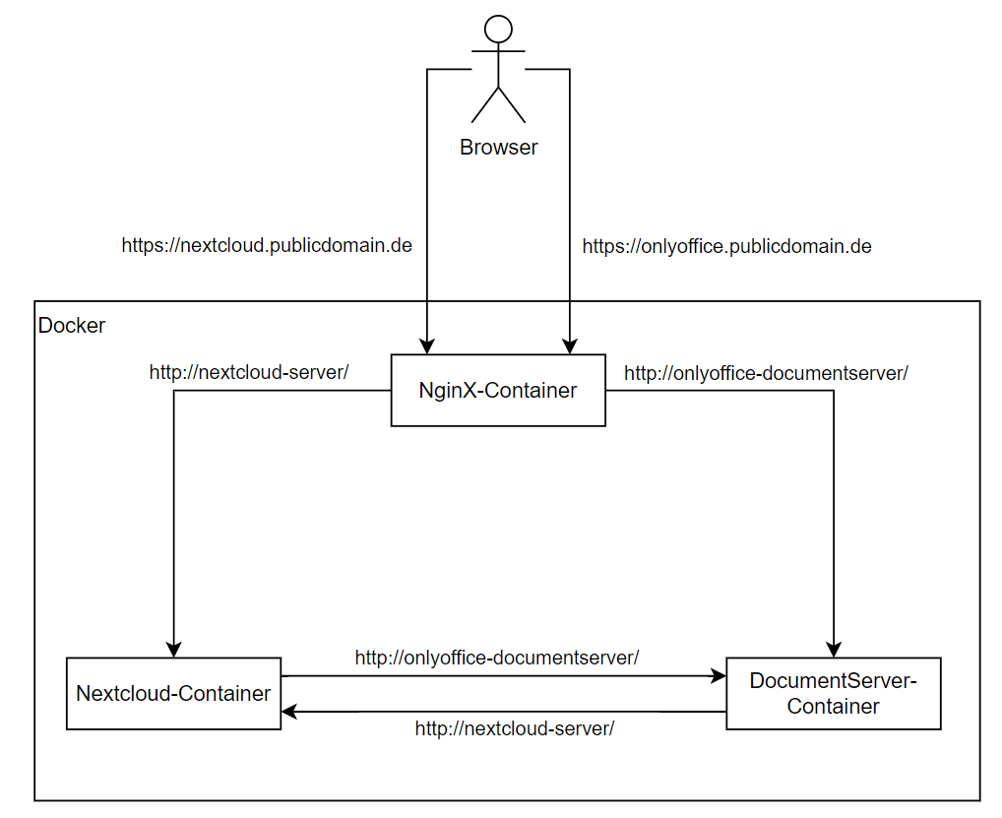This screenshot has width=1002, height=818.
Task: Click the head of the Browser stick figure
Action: [499, 30]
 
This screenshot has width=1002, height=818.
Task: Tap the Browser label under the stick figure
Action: [499, 148]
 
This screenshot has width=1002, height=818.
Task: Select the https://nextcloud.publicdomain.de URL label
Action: [267, 245]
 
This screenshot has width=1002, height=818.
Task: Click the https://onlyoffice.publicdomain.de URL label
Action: [726, 245]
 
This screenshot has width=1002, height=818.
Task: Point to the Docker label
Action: [72, 325]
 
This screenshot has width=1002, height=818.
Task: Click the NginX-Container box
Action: [498, 390]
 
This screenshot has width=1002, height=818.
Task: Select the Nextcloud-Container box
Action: [173, 693]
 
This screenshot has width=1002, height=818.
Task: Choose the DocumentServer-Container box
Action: [833, 693]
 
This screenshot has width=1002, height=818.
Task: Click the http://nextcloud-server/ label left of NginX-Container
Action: [250, 372]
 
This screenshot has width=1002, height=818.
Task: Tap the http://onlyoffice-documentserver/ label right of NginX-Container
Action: [766, 373]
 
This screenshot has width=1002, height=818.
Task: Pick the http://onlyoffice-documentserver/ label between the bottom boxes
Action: [497, 657]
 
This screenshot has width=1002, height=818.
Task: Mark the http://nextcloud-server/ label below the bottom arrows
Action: [515, 728]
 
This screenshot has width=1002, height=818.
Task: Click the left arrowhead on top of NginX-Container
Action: [426, 346]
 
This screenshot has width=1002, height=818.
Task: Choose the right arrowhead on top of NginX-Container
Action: [569, 346]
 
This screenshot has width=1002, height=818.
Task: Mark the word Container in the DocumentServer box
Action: [833, 706]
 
